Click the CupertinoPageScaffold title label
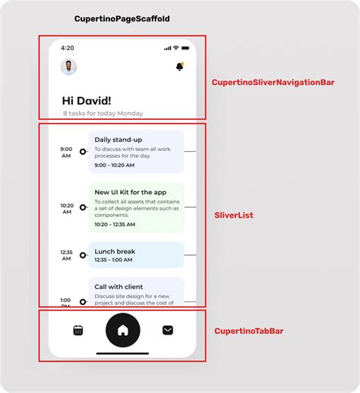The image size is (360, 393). point(122,18)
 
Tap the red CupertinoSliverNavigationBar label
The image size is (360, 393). point(273,82)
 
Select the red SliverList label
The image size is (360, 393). point(234,215)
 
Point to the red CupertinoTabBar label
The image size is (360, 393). point(249,331)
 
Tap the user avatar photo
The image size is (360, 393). point(68,67)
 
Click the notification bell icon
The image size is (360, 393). point(180,67)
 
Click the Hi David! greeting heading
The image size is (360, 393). point(87,100)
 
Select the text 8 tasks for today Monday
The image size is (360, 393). point(103,114)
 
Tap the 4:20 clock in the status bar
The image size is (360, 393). point(68,48)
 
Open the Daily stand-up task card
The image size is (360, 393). point(136,152)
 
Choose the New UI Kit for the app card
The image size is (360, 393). point(136,207)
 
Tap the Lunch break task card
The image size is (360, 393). point(136,255)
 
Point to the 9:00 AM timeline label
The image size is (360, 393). point(67,152)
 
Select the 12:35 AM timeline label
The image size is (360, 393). point(67,255)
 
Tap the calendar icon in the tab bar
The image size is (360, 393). point(77,330)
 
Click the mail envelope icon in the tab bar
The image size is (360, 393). point(168,330)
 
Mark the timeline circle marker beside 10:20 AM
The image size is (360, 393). point(83,206)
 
